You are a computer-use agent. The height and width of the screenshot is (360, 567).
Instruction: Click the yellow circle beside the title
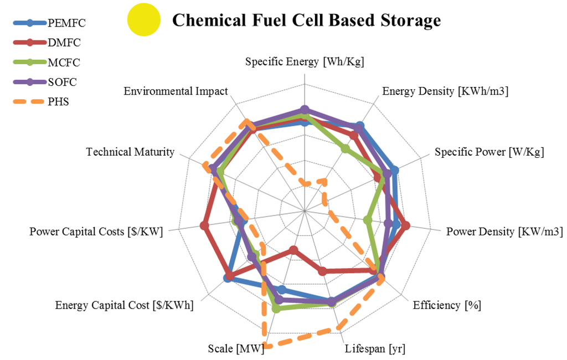(x=143, y=20)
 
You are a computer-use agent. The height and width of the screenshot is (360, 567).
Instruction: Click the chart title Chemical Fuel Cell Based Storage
(x=306, y=20)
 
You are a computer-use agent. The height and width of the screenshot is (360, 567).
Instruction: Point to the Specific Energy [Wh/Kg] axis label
(x=305, y=61)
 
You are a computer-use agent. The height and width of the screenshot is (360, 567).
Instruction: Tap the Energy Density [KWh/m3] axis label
(x=445, y=91)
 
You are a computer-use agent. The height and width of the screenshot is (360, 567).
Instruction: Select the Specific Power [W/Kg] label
(x=489, y=152)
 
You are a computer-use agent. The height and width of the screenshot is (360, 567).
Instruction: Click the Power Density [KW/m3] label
(x=504, y=232)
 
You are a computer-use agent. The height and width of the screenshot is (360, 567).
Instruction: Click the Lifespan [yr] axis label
(x=375, y=349)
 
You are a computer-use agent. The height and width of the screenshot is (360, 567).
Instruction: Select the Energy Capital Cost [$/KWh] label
(x=125, y=305)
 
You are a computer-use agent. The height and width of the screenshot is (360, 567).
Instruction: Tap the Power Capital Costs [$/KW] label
(x=96, y=232)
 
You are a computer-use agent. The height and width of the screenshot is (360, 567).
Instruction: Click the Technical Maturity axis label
(x=130, y=152)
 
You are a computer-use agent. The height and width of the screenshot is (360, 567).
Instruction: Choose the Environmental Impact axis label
(x=176, y=91)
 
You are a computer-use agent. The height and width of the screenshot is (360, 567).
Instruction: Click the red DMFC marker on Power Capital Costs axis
(x=204, y=225)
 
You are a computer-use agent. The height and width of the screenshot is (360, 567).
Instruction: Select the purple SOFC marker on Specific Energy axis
(x=304, y=109)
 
